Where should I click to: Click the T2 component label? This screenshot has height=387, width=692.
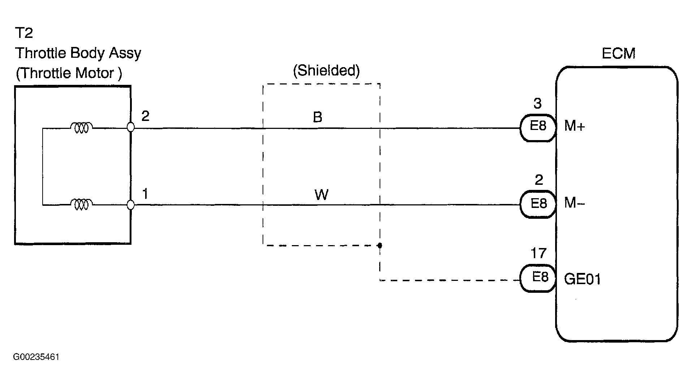[x=24, y=33]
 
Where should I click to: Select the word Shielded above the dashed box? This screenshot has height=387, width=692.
[x=326, y=71]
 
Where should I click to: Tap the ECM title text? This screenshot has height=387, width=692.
[x=618, y=54]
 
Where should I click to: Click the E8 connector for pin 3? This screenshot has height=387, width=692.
[x=537, y=127]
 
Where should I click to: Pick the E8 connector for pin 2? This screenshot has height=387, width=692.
[x=538, y=204]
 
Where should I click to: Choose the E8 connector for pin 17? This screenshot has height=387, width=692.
[x=538, y=278]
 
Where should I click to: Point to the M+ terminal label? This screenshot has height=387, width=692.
[x=574, y=126]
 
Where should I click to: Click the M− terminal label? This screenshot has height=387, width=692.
[x=574, y=203]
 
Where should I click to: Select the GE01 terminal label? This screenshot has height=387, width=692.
[x=583, y=279]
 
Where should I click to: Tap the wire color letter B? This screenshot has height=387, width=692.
[x=317, y=117]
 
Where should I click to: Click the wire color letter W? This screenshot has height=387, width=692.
[x=321, y=195]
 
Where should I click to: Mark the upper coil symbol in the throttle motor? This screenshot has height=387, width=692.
[x=81, y=127]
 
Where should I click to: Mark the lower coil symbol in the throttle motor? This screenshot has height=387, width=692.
[x=81, y=205]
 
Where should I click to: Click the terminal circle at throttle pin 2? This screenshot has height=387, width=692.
[x=131, y=127]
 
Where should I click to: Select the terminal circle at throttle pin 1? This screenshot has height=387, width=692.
[x=131, y=205]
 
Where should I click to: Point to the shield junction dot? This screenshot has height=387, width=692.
[x=380, y=245]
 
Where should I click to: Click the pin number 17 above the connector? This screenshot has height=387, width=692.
[x=538, y=253]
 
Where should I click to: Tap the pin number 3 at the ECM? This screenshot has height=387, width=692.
[x=537, y=104]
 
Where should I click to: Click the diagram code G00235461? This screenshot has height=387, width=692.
[x=36, y=357]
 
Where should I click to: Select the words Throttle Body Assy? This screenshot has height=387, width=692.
[x=78, y=53]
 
